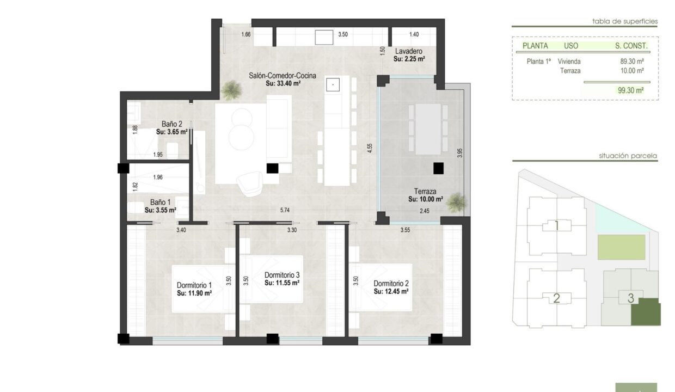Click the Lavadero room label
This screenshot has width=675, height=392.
(x=409, y=51)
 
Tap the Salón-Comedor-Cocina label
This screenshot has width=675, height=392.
(x=283, y=76)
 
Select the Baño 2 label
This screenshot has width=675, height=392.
(x=172, y=124)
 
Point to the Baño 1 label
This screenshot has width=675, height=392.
(x=160, y=202)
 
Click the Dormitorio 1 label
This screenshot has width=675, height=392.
(x=194, y=285)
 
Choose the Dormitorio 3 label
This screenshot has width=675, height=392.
(x=282, y=275)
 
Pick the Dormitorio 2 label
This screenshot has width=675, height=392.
(x=391, y=283)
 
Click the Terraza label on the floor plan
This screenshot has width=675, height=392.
(x=425, y=191)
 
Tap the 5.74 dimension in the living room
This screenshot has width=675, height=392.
(x=285, y=210)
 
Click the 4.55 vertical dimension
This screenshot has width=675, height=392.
(x=370, y=148)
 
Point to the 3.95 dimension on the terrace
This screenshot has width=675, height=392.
(x=459, y=153)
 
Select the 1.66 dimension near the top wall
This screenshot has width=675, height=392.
(x=246, y=34)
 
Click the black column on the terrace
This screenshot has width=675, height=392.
(x=438, y=168)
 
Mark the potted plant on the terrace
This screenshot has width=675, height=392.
(x=457, y=202)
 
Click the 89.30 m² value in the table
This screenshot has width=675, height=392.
(x=632, y=62)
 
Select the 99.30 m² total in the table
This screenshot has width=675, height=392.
(x=631, y=90)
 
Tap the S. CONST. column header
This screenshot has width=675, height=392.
(x=631, y=46)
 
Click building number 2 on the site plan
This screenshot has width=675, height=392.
(x=556, y=298)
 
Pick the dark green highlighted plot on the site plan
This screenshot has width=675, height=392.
(x=646, y=312)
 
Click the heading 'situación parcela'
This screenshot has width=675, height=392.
(x=628, y=156)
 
